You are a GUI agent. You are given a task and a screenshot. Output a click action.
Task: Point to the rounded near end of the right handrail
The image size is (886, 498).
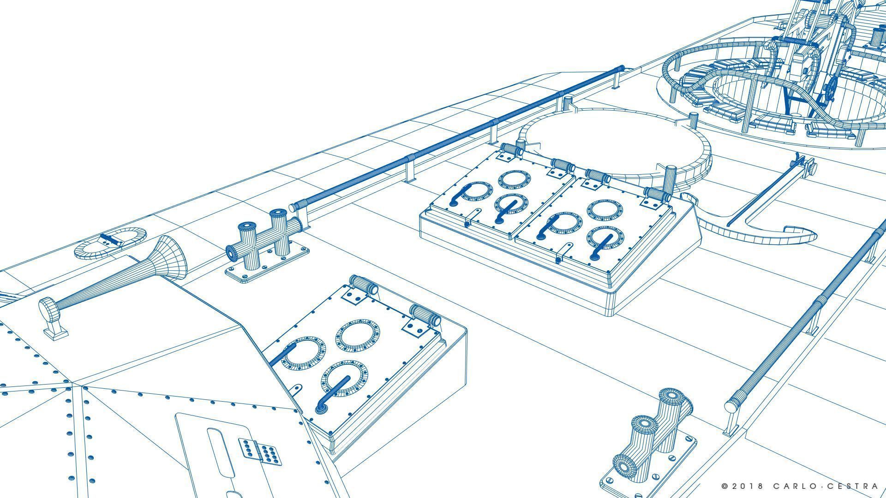tap(730, 407)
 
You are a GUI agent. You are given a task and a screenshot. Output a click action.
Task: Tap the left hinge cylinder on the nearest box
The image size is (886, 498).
tap(364, 285)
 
